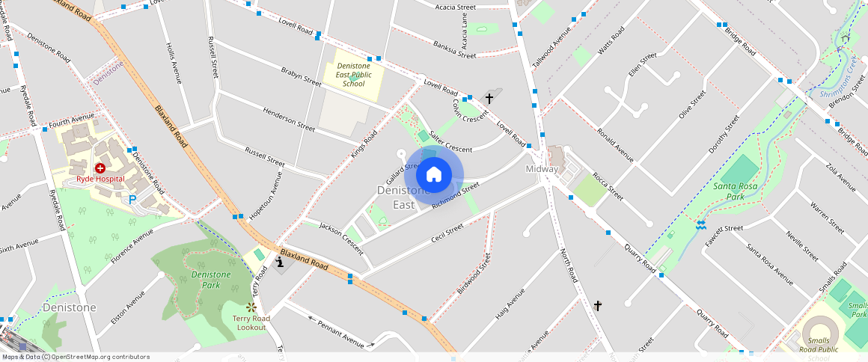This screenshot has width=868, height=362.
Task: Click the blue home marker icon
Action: (433, 175)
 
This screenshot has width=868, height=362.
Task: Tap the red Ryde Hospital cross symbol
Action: (100, 168)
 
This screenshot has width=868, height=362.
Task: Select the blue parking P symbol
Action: (132, 200)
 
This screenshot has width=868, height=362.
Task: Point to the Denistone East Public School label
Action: (353, 75)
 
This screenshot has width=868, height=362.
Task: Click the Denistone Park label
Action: (206, 280)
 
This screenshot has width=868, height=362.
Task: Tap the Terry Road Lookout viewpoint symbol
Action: (251, 307)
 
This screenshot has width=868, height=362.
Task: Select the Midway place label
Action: (541, 169)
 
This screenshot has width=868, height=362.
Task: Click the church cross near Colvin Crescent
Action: (489, 98)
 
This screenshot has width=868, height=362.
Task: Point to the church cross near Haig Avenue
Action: (597, 305)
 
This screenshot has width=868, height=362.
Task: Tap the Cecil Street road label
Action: (447, 232)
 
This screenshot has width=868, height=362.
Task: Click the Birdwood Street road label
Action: (474, 273)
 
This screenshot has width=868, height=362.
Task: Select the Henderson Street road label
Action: (288, 119)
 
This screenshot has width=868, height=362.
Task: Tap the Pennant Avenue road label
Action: (340, 333)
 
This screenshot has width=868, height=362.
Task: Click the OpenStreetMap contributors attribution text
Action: (75, 357)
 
